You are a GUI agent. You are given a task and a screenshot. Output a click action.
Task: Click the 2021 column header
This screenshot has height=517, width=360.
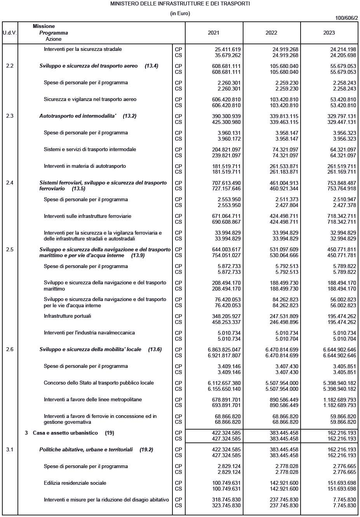pos(213,33)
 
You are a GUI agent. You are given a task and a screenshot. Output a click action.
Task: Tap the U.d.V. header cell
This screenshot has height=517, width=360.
pos(10,33)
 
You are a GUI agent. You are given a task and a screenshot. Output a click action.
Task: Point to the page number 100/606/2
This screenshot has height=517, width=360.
pos(346,18)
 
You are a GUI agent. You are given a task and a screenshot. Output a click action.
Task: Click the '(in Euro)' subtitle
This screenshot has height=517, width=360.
pos(180,13)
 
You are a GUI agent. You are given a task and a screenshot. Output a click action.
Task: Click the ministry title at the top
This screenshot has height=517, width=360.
pos(180,3)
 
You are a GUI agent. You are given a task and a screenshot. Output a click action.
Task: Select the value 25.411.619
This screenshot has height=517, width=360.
pos(228,49)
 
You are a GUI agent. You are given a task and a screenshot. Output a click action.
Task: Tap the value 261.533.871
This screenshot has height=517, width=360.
pos(284,166)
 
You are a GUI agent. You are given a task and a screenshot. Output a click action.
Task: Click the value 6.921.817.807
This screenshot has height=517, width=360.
pos(224,355)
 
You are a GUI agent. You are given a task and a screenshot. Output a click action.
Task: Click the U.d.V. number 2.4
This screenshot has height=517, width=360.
pos(10,183)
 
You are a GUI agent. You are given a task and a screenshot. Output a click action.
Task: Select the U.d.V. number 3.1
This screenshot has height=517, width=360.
pos(10,449)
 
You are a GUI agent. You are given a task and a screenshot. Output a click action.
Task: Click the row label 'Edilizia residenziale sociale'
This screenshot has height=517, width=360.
pos(75,483)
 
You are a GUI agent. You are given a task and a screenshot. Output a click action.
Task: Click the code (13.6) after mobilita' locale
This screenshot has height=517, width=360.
pos(155,350)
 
